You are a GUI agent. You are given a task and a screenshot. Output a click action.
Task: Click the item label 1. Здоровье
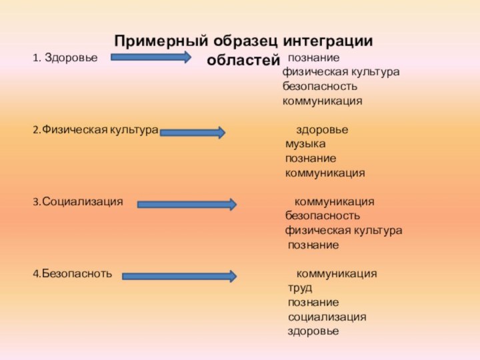click(x=65, y=58)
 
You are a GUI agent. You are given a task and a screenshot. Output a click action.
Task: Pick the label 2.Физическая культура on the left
click(x=95, y=130)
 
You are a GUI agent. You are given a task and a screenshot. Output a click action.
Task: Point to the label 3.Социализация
click(x=77, y=201)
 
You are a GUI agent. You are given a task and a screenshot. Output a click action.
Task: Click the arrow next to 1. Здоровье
click(x=151, y=57)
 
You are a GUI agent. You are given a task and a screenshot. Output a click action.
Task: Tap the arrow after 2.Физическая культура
click(x=193, y=133)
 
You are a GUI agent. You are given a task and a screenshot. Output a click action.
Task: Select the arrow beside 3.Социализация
click(x=187, y=204)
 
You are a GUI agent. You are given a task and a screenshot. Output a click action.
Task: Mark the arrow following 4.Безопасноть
click(x=179, y=275)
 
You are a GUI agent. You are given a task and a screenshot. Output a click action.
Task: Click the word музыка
click(x=305, y=144)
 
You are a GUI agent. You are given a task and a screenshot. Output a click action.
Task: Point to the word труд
click(x=299, y=288)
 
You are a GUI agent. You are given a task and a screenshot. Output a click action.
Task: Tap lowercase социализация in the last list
click(x=327, y=317)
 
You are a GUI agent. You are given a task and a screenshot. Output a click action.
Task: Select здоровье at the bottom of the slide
click(x=313, y=331)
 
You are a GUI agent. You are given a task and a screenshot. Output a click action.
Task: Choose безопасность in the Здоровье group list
click(x=319, y=87)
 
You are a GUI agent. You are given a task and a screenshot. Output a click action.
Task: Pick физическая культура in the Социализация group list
click(x=343, y=231)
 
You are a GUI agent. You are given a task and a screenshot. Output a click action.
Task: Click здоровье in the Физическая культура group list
click(x=321, y=129)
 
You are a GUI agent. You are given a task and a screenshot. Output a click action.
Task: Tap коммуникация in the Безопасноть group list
click(x=336, y=273)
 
